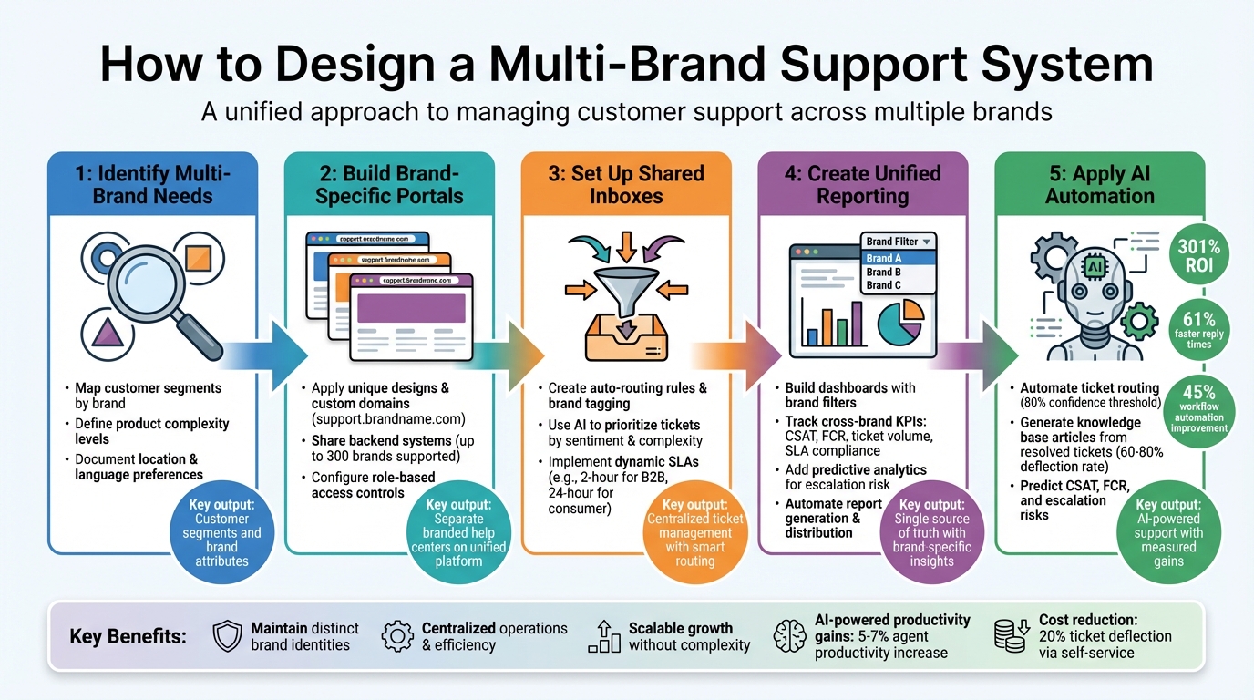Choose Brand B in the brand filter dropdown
pos(884,272)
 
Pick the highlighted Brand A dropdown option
pos(884,258)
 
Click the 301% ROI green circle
pos(1199,256)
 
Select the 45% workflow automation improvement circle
pos(1199,407)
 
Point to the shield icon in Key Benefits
pos(227,636)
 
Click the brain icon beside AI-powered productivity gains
pos(789,636)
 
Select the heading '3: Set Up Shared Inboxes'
pos(625,184)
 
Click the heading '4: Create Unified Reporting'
pos(862,184)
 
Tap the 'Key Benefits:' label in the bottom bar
pos(128,636)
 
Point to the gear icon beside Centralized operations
pos(397,636)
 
